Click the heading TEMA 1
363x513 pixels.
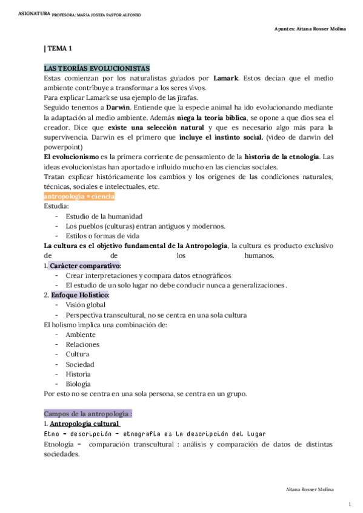point(59,48)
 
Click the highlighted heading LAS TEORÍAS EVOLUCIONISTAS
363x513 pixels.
point(97,68)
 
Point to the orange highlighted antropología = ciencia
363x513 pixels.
point(79,197)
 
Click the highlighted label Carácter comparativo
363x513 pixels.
point(85,266)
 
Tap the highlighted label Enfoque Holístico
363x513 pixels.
point(80,295)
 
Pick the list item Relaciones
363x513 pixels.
point(82,344)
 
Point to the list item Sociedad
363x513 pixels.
point(81,364)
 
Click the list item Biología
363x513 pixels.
point(78,384)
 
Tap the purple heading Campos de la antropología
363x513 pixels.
point(88,414)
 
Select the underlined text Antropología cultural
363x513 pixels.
point(85,424)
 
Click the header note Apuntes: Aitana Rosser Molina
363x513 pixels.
point(310,29)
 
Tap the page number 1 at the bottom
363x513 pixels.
point(350,504)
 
